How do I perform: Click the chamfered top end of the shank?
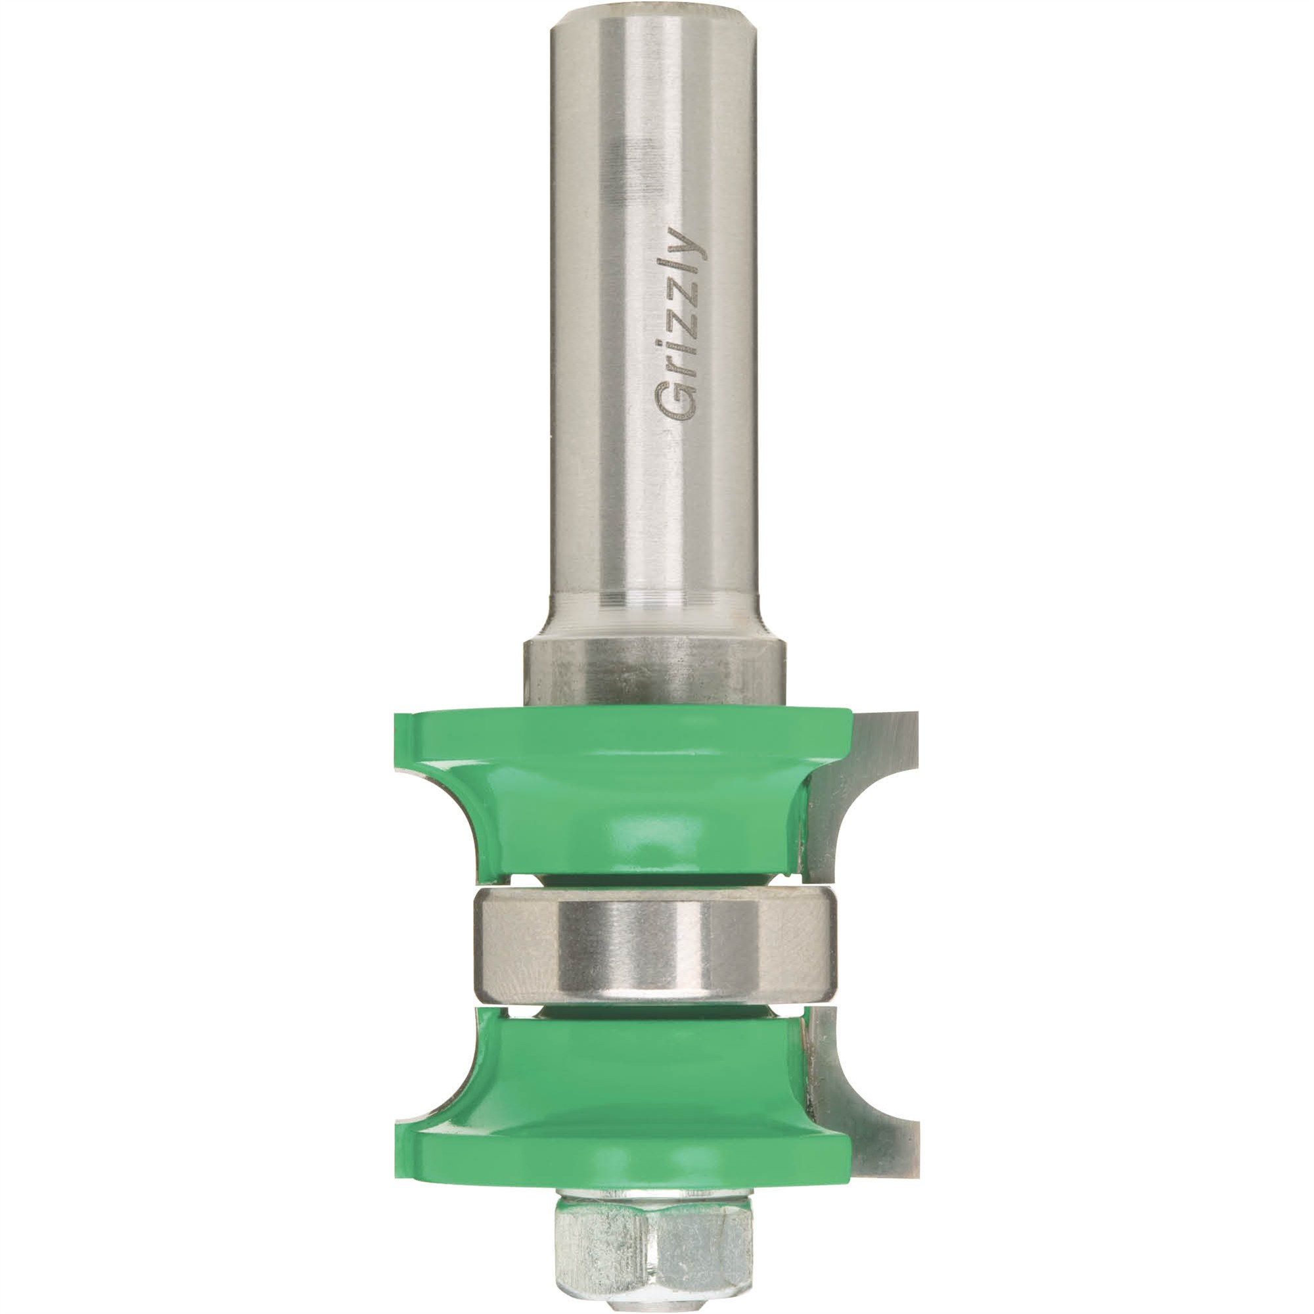656,19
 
